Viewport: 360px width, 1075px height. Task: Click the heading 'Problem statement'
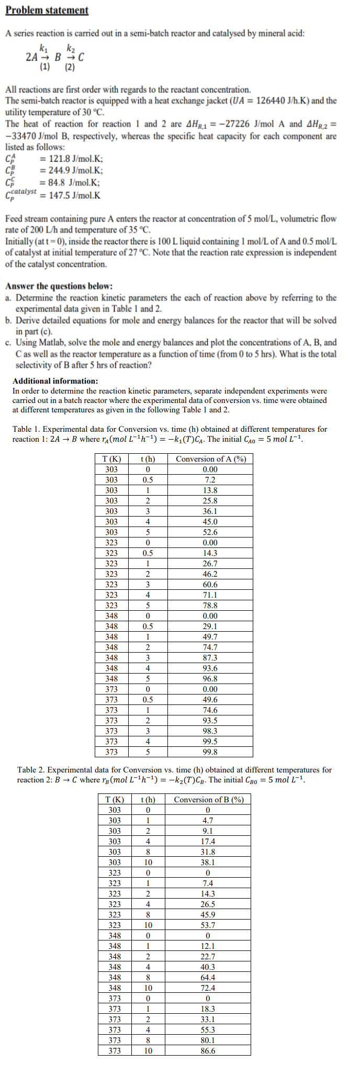pos(47,10)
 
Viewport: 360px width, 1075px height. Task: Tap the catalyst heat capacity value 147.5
pos(59,195)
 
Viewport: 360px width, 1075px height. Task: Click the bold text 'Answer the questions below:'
pos(59,286)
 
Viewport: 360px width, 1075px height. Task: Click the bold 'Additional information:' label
pos(55,381)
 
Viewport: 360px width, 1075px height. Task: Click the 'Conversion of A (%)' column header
pos(210,459)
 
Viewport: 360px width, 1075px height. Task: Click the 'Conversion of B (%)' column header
pos(208,800)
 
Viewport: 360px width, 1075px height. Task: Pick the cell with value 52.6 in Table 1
pos(210,532)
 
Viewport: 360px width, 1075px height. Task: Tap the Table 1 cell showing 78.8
pos(210,606)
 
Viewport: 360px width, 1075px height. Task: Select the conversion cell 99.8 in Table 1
pos(210,752)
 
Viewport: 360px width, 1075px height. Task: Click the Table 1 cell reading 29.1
pos(210,626)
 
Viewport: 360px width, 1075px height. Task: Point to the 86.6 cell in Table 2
pos(208,1051)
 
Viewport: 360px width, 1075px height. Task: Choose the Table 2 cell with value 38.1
pos(208,863)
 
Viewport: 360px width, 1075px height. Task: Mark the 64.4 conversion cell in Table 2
pos(208,978)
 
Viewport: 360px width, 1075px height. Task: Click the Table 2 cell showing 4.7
pos(208,821)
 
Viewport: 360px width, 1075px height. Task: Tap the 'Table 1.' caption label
pos(27,429)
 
